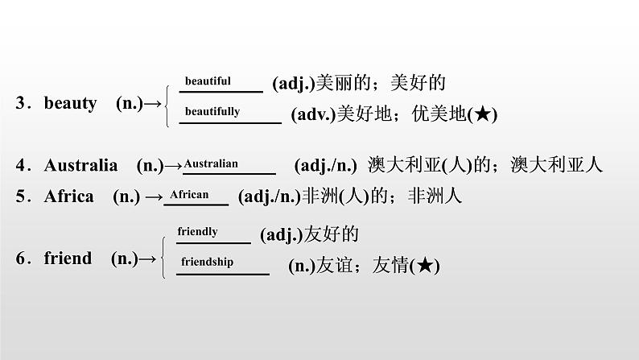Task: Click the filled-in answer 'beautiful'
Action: click(x=208, y=81)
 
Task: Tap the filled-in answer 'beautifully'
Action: click(x=212, y=111)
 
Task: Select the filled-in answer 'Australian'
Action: click(x=212, y=163)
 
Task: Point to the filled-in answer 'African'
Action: click(x=189, y=194)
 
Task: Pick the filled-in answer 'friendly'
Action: click(x=198, y=231)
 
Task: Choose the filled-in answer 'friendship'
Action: click(x=207, y=262)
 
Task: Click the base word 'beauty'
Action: click(x=70, y=103)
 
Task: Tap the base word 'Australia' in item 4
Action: click(x=80, y=166)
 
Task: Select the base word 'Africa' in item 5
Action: click(x=69, y=196)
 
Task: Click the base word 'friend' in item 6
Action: click(x=68, y=259)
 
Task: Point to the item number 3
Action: click(x=22, y=103)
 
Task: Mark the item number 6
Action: click(x=22, y=259)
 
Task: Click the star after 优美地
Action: click(x=481, y=115)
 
